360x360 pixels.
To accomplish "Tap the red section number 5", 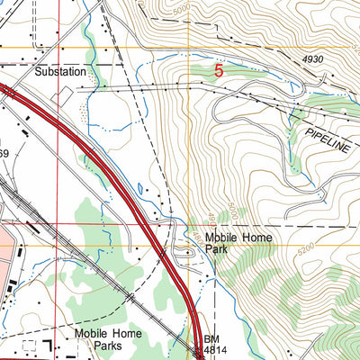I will [220, 69].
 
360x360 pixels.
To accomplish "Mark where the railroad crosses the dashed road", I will [131, 294].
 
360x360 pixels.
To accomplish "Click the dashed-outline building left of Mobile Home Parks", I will [33, 346].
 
